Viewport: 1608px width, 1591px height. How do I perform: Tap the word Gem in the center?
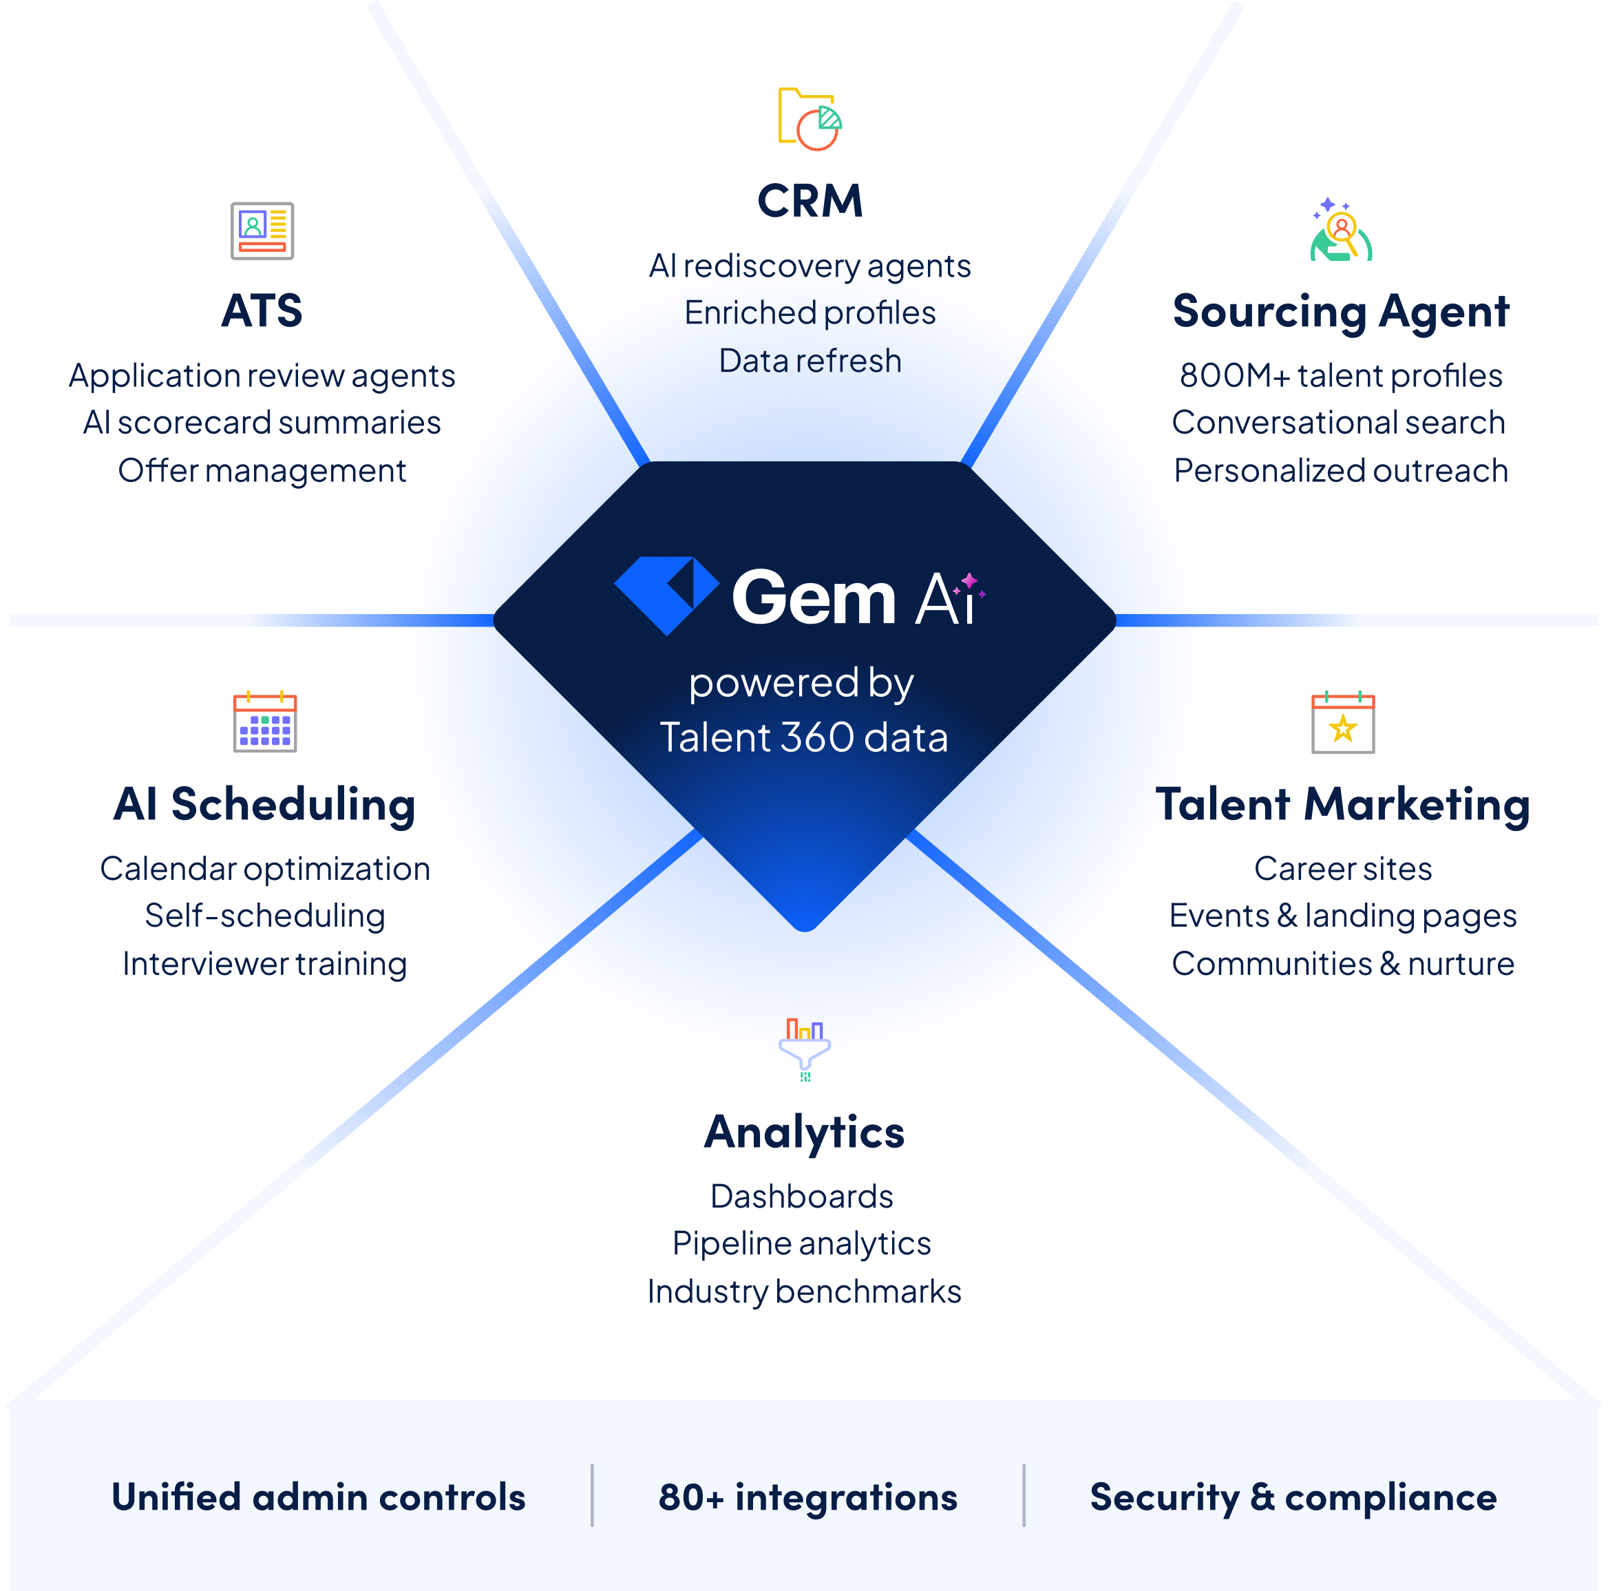[813, 598]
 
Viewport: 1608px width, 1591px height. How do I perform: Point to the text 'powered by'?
[801, 684]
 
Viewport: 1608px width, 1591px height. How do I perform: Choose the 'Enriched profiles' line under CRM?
[810, 313]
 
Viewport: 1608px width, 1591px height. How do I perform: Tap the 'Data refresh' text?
[810, 361]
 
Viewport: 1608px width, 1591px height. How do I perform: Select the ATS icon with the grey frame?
[262, 231]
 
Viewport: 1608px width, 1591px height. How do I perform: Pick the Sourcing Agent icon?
[1338, 231]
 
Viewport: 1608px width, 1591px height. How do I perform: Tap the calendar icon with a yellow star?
[1342, 726]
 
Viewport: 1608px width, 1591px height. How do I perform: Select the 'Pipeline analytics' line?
[801, 1243]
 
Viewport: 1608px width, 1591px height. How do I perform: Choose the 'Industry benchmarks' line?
[805, 1292]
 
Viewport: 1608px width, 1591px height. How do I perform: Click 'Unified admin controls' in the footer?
[319, 1497]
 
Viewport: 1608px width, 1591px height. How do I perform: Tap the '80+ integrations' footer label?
[807, 1497]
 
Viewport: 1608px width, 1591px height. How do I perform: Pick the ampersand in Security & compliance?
[1262, 1497]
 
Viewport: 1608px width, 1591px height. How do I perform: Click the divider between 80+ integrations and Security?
[1024, 1495]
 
